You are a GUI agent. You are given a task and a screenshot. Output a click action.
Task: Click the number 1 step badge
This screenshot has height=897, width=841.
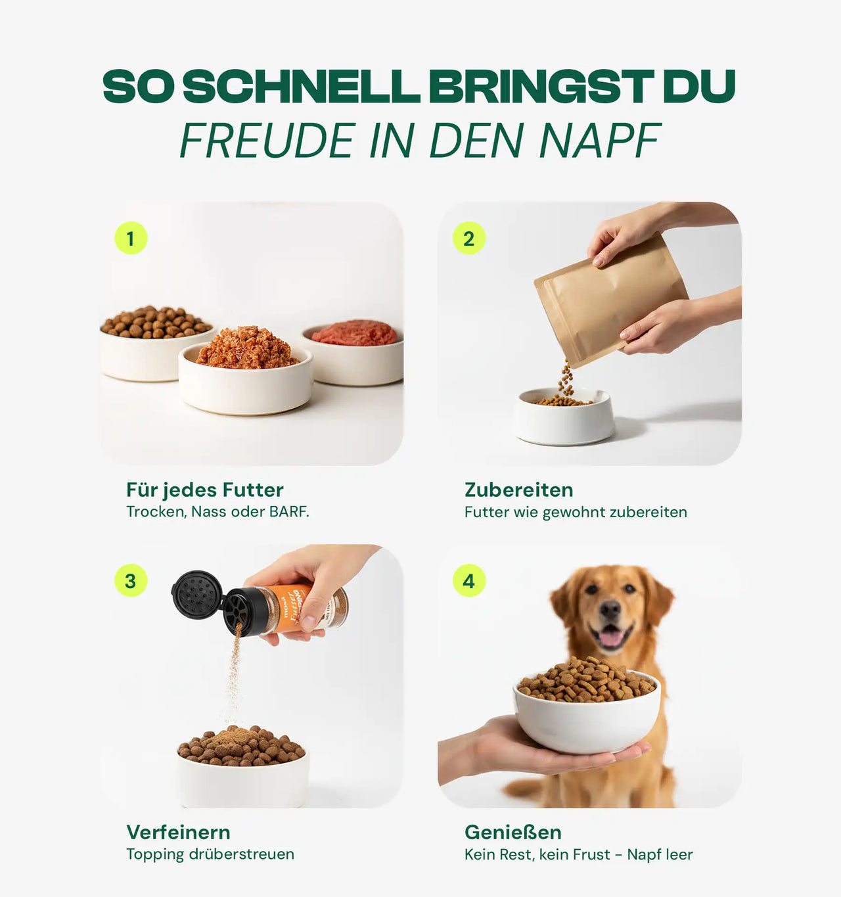[x=131, y=238]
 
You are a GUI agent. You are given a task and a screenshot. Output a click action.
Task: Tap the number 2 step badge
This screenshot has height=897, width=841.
[x=469, y=238]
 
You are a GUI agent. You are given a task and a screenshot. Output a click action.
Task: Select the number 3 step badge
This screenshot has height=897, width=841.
[x=131, y=581]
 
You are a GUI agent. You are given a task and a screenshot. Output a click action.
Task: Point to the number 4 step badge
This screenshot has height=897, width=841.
[x=469, y=581]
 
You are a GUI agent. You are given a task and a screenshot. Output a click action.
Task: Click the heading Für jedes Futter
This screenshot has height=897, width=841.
[x=205, y=490]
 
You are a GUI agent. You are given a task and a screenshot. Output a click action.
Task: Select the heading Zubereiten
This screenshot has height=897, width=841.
[x=518, y=490]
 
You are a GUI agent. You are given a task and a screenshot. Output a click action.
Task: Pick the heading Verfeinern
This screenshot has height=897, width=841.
[x=178, y=833]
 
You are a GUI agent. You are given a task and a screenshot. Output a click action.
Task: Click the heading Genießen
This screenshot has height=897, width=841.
[x=512, y=833]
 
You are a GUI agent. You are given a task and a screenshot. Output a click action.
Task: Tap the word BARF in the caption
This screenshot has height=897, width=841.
[x=288, y=512]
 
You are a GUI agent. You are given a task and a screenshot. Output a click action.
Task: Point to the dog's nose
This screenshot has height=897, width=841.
[x=610, y=610]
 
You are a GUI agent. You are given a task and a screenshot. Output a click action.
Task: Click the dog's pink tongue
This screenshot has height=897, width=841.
[x=611, y=638]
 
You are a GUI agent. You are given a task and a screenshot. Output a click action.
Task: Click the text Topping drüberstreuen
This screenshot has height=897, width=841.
[x=210, y=854]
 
